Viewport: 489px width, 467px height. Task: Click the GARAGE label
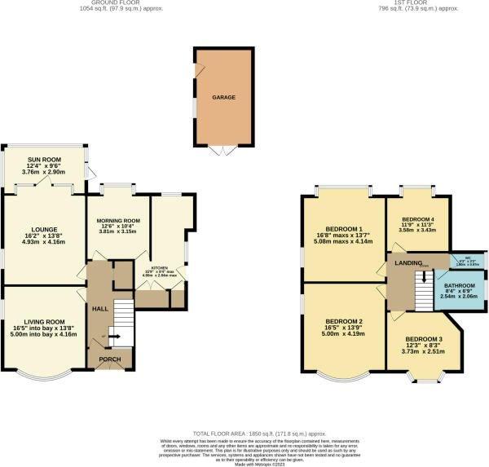tap(224, 97)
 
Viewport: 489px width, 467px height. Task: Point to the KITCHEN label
tap(159, 267)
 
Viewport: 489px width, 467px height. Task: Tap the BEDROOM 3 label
tap(424, 338)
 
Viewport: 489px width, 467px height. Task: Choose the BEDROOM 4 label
tap(416, 219)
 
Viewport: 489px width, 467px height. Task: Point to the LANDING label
tap(408, 262)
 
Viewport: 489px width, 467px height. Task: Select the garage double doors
tap(221, 150)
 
